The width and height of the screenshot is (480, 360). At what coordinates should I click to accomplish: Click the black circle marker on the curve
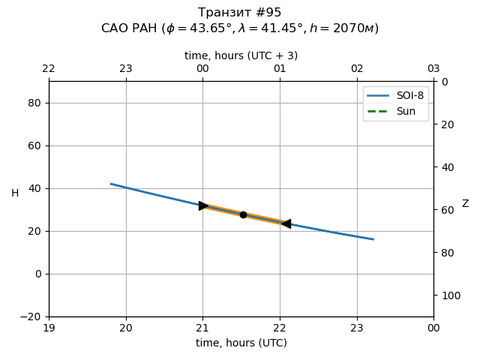click(x=243, y=214)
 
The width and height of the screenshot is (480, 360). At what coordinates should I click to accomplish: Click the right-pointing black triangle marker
click(x=203, y=205)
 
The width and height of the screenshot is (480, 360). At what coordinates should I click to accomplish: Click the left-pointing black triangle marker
click(x=286, y=223)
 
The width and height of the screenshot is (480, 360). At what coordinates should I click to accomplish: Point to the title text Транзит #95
click(x=240, y=13)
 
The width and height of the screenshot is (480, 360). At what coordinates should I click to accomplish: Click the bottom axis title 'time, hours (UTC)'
click(x=241, y=343)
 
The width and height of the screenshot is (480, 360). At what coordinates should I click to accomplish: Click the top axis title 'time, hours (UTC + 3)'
click(x=241, y=55)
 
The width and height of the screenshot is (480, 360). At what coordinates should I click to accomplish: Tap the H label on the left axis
click(x=15, y=193)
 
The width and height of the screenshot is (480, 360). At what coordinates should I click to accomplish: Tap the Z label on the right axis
click(x=465, y=204)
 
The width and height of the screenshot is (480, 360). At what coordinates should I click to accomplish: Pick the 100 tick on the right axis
click(x=447, y=295)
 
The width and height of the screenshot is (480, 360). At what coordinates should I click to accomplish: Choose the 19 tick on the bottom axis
click(x=49, y=328)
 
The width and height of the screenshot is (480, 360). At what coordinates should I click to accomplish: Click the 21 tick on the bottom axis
click(x=202, y=328)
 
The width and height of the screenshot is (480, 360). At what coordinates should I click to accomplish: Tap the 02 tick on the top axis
click(x=357, y=69)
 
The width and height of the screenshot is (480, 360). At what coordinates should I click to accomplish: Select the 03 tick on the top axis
click(x=433, y=69)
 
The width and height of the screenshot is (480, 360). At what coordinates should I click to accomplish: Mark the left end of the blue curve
click(x=111, y=184)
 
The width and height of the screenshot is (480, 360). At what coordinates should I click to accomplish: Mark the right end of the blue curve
click(x=373, y=239)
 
